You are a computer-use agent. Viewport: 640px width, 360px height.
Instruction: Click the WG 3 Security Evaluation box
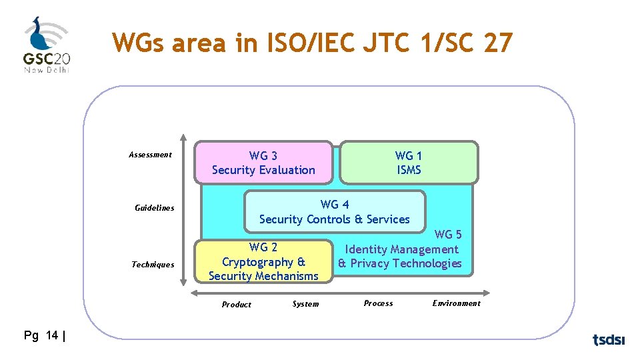click(x=263, y=163)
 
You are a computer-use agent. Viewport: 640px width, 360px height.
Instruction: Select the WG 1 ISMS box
click(x=409, y=163)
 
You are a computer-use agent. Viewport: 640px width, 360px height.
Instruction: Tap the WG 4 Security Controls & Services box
click(x=335, y=212)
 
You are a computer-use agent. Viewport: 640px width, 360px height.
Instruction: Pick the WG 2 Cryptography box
click(x=263, y=262)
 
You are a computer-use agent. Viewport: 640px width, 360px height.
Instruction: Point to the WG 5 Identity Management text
click(x=401, y=249)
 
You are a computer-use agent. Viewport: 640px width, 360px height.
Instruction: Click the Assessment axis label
click(x=150, y=155)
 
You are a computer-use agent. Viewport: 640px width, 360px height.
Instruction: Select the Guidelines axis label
click(x=154, y=208)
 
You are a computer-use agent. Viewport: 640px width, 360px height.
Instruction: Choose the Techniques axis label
click(x=153, y=265)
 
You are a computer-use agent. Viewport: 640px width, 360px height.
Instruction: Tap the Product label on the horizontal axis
click(x=237, y=305)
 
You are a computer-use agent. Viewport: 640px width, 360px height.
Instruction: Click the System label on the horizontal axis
click(x=305, y=304)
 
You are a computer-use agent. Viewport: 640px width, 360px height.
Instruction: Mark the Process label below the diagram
click(x=378, y=303)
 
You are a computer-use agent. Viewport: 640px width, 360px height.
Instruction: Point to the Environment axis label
click(x=456, y=303)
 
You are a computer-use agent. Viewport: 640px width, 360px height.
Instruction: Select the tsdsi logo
click(x=609, y=340)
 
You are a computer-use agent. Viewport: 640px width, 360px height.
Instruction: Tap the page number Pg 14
click(x=43, y=336)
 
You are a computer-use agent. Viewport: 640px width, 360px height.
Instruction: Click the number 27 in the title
click(x=499, y=43)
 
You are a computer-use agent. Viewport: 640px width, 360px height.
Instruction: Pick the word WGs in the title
click(x=138, y=43)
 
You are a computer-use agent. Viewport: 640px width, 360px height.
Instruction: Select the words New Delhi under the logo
click(x=47, y=69)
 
